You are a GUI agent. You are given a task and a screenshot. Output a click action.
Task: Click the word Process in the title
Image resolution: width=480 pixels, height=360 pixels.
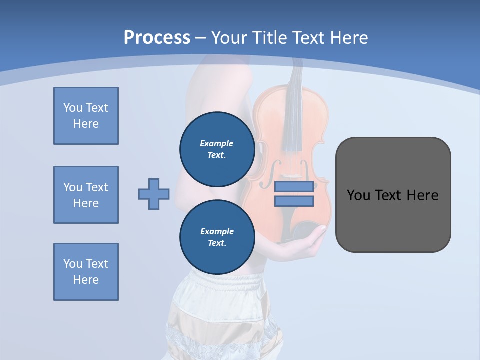click(x=157, y=38)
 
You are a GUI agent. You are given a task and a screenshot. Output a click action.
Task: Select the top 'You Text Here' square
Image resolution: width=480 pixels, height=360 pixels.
click(x=86, y=116)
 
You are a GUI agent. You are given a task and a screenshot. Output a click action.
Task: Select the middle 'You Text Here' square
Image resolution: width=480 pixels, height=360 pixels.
click(x=86, y=195)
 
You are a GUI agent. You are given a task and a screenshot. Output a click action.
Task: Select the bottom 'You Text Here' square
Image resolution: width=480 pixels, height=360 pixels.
click(x=86, y=272)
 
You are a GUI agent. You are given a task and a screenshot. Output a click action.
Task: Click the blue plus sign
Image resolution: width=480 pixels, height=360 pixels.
click(x=154, y=194)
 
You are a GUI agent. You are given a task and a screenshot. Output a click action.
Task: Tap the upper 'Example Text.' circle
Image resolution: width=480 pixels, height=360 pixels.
click(x=217, y=149)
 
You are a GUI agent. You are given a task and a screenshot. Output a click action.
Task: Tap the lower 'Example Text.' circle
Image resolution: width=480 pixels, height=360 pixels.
click(x=217, y=237)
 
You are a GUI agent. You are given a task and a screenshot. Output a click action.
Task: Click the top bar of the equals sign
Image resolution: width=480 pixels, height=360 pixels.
click(x=294, y=187)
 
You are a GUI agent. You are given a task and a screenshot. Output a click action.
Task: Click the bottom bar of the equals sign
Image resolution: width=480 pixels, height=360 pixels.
click(x=294, y=201)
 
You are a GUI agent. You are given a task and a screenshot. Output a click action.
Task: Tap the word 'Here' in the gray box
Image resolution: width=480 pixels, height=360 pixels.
click(x=423, y=195)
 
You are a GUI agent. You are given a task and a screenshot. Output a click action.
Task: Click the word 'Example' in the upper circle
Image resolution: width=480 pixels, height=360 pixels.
click(x=217, y=143)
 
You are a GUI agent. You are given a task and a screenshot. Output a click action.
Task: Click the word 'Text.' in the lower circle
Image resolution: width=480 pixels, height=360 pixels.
click(x=217, y=243)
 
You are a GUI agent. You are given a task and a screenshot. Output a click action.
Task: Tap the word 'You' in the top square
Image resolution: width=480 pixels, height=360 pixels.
click(x=73, y=108)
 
